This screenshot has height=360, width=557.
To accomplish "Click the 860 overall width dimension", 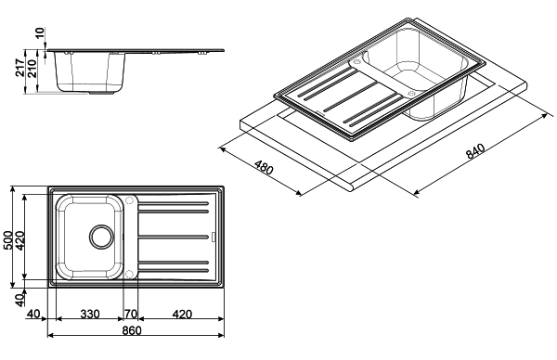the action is coord(132,330).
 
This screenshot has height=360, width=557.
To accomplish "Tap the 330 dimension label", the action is coord(90,315).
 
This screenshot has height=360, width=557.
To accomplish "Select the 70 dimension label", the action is coord(130,315).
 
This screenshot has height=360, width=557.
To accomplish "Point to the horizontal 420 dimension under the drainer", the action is coord(182,315).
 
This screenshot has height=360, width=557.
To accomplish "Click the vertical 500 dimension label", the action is coord(7,240).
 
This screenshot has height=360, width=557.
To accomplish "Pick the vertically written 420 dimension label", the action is coord(19,240).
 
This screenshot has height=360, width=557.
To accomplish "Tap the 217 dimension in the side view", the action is coord(19,68).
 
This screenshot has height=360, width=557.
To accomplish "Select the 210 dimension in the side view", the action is coord(32,69).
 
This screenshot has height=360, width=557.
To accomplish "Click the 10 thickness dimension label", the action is coord(40,32).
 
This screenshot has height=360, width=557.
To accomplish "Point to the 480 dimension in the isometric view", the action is coord(265,167).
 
